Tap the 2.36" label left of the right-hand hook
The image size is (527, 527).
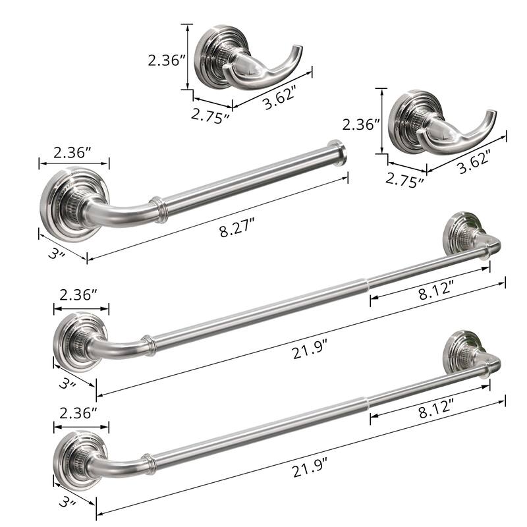pos(360,123)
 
